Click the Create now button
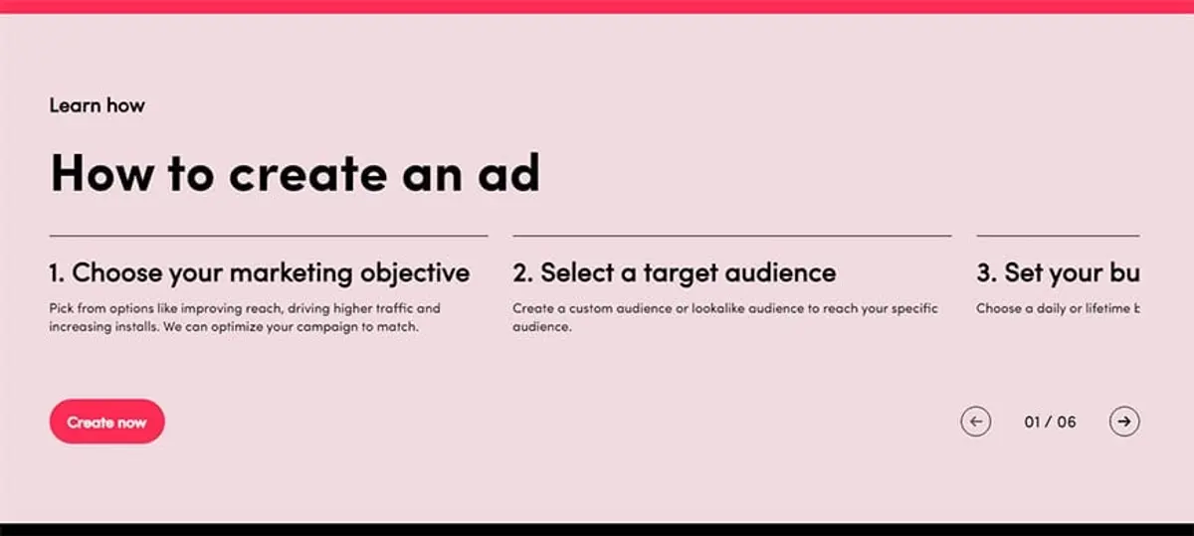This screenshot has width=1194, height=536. click(x=106, y=422)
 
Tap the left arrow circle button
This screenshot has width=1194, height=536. click(x=975, y=422)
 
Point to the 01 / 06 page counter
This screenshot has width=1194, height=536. click(x=1050, y=422)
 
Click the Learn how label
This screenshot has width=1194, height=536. click(x=97, y=104)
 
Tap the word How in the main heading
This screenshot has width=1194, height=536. click(x=101, y=173)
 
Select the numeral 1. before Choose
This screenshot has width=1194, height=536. click(x=57, y=272)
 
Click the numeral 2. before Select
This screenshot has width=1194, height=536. click(x=522, y=272)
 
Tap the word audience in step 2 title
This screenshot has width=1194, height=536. click(x=780, y=272)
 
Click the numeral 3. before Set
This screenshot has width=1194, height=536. click(x=986, y=272)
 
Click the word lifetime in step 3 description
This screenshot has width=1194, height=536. click(x=1102, y=308)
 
